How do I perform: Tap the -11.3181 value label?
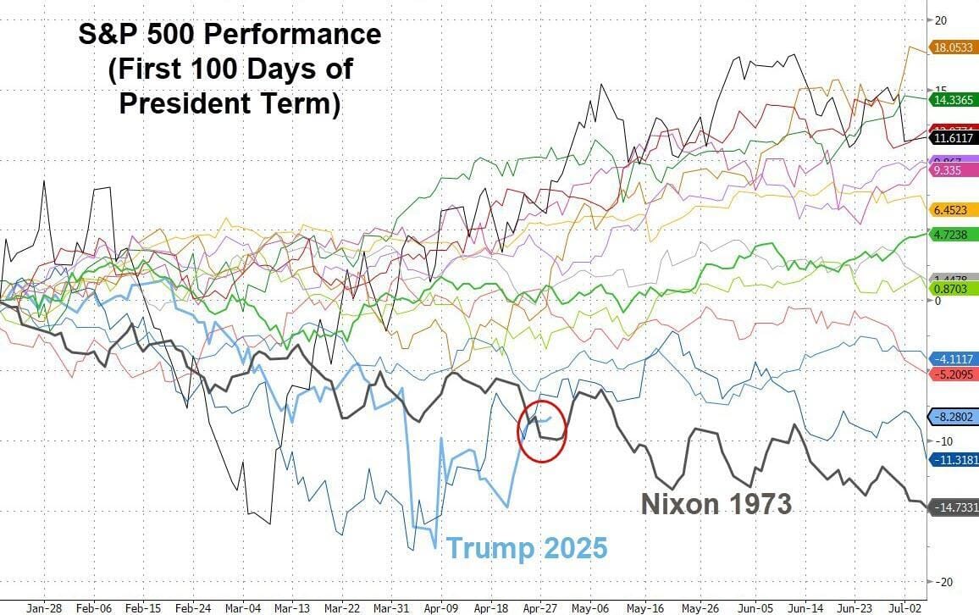click(x=954, y=460)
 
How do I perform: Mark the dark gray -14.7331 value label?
click(x=954, y=507)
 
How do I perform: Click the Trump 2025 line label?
click(x=527, y=548)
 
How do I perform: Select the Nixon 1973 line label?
click(x=716, y=504)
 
